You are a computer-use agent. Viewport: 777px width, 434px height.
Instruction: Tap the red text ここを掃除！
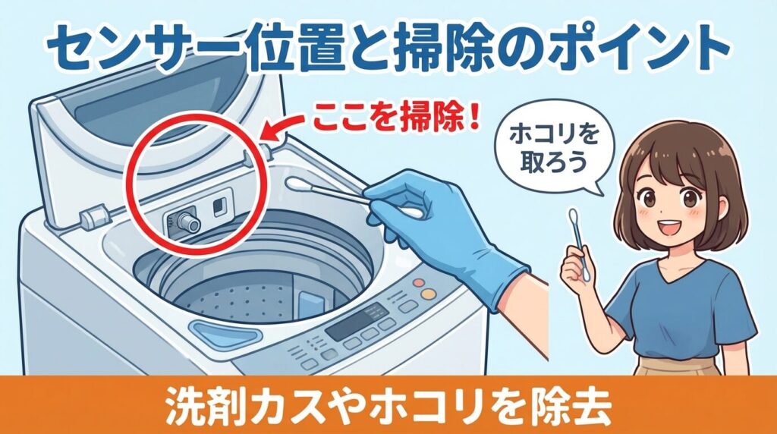pyautogui.click(x=394, y=121)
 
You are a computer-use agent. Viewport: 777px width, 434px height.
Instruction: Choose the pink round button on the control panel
pyautogui.click(x=418, y=282)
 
